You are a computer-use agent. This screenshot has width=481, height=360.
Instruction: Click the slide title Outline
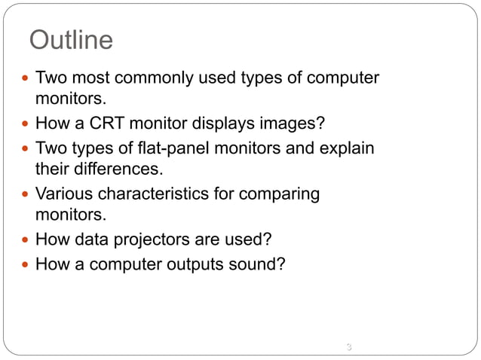[x=70, y=39]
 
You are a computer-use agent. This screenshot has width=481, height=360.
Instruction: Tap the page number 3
[x=348, y=347]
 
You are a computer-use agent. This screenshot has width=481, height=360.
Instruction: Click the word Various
[x=63, y=194]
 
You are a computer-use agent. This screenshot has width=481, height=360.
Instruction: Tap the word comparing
[x=280, y=194]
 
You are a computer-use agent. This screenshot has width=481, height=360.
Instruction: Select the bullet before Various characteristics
[x=26, y=194]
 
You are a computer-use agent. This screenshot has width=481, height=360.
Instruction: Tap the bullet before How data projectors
[x=26, y=240]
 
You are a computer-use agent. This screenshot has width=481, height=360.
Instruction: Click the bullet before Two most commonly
[x=26, y=78]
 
